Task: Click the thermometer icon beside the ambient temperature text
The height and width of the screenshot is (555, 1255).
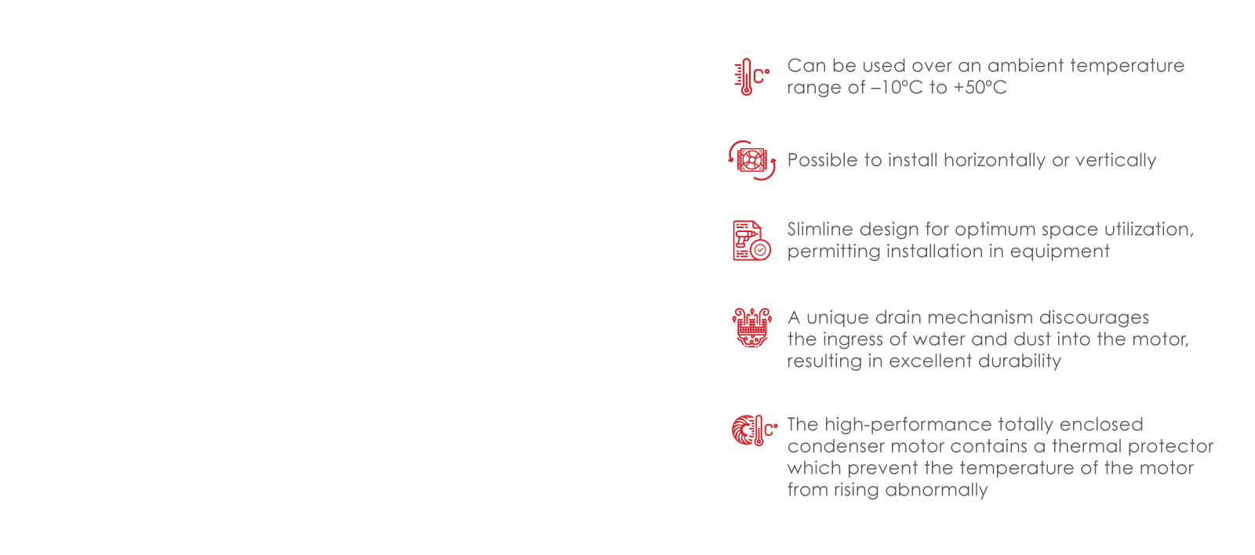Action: pyautogui.click(x=751, y=77)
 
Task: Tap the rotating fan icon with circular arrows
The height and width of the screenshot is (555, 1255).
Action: pyautogui.click(x=752, y=160)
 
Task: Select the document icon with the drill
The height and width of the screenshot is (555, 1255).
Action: pyautogui.click(x=751, y=240)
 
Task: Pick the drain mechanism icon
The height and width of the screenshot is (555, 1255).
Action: pyautogui.click(x=751, y=328)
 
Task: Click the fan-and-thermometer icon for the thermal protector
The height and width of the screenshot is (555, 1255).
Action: pyautogui.click(x=754, y=430)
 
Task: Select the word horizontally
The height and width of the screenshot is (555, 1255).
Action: pyautogui.click(x=995, y=161)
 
